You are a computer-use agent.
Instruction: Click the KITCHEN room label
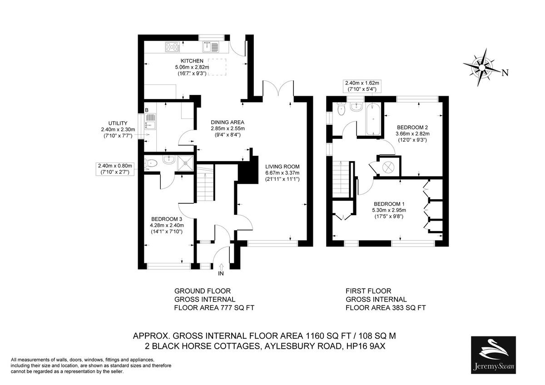tap(192, 61)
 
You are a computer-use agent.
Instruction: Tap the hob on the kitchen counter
tap(173, 47)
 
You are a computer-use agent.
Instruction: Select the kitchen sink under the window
tap(211, 47)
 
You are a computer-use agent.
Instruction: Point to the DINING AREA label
tap(228, 122)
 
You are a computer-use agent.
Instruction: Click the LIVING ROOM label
tap(282, 167)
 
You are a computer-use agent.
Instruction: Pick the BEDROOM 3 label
tap(166, 219)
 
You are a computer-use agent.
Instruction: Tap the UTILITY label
tap(118, 123)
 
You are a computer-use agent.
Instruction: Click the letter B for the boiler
tap(147, 110)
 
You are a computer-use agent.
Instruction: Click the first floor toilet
tap(342, 109)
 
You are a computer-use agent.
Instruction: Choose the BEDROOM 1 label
tap(389, 204)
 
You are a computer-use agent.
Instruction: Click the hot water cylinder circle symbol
tap(388, 167)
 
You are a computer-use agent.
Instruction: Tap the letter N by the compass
tap(505, 73)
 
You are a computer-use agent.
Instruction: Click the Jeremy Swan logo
tap(493, 355)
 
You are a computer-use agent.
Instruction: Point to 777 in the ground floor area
tap(226, 308)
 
